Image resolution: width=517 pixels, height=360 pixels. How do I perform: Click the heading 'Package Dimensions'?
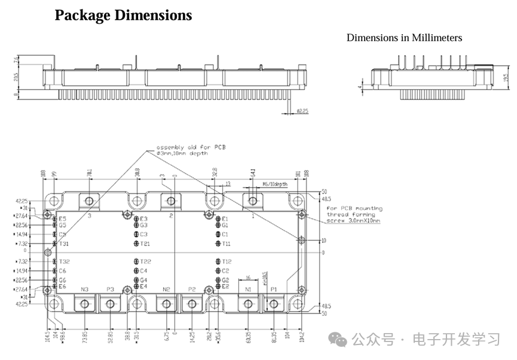tap(123, 16)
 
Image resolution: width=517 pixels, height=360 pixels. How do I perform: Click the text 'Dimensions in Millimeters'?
tap(404, 38)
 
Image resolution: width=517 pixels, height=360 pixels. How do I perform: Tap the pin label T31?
tap(63, 243)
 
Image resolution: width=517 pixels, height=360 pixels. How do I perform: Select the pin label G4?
tap(143, 280)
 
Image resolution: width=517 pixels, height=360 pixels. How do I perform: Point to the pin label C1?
tap(225, 234)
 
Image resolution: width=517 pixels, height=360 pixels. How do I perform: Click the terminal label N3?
tap(84, 289)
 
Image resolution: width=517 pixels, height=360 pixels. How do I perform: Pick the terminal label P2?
tap(192, 289)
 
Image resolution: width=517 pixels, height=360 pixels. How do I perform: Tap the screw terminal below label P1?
tap(274, 304)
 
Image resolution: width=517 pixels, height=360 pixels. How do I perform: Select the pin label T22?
tap(145, 262)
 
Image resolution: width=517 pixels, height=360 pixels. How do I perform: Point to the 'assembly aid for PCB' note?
tap(191, 147)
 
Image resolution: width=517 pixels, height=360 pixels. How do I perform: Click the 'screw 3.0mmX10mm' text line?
tap(353, 221)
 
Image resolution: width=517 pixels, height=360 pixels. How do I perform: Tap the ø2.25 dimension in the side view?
tap(302, 111)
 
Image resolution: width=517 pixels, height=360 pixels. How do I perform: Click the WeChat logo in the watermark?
tap(340, 341)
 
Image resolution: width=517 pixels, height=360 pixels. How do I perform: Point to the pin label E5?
tap(62, 219)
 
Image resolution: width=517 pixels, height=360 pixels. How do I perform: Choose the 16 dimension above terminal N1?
tap(247, 278)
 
